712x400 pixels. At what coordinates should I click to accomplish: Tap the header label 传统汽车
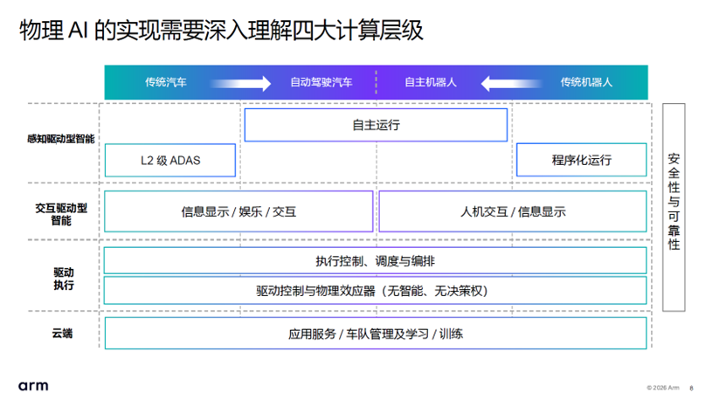[166, 82]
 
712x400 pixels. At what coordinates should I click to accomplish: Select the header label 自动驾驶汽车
[321, 82]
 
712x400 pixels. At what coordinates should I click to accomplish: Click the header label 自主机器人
[431, 82]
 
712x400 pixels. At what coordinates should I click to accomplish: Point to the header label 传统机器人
[586, 82]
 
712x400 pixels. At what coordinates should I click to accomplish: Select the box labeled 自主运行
[376, 125]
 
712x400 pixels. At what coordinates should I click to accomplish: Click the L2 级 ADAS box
[170, 161]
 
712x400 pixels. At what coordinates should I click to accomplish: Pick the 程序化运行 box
[582, 161]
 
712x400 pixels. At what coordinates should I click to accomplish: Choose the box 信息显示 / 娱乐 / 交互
[238, 211]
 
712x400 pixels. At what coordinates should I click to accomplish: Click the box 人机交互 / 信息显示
[513, 211]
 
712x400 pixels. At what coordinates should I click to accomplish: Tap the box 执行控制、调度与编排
[376, 261]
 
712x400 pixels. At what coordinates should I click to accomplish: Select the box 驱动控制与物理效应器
[376, 290]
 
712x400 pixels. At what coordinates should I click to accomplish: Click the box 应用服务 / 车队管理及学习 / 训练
[376, 334]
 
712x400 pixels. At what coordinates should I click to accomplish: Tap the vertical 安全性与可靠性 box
[674, 206]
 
